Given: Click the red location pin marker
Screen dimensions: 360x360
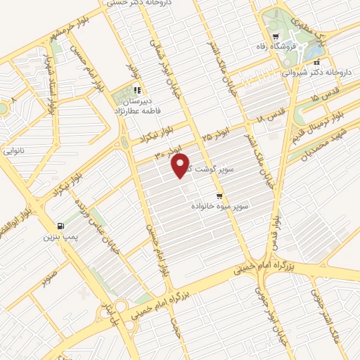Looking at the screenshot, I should pyautogui.click(x=181, y=166).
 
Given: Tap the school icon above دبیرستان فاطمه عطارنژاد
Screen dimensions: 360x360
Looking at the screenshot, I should pyautogui.click(x=137, y=90).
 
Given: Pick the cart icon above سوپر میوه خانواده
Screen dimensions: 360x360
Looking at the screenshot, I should pyautogui.click(x=220, y=196).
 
